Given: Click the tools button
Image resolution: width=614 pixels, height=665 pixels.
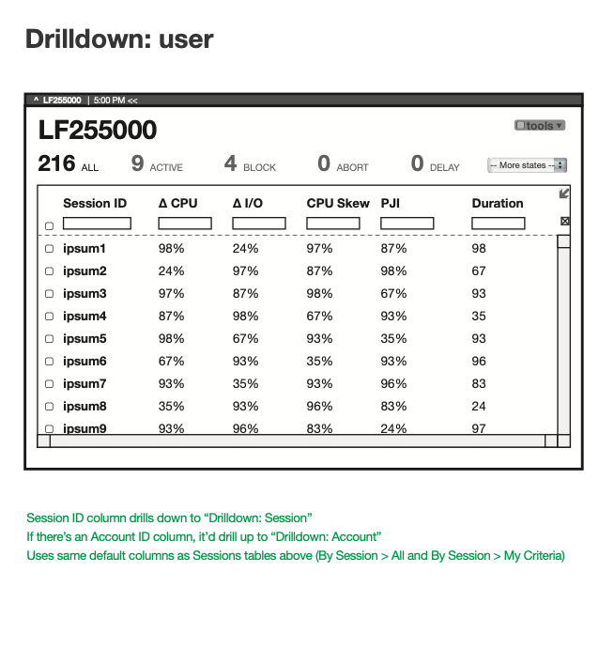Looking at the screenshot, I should point(540,126).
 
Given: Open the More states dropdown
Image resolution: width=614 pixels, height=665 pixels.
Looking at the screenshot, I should point(527,165).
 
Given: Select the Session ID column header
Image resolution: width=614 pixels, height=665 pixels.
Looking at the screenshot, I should point(95,203).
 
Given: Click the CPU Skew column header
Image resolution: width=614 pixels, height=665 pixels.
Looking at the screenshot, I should point(338,203).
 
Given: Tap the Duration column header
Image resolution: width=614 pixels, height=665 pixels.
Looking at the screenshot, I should point(498,203).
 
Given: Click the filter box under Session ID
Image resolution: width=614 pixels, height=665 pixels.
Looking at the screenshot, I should point(97,224).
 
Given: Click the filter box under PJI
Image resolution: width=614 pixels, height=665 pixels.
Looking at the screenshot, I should point(407,224).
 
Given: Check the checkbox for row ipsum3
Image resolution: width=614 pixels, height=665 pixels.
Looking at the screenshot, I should point(49,294).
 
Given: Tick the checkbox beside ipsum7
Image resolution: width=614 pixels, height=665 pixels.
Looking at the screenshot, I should point(49,384).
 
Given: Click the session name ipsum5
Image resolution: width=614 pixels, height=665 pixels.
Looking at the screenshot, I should point(84,338).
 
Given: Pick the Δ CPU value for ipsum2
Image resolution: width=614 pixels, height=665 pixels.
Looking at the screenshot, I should point(171,271).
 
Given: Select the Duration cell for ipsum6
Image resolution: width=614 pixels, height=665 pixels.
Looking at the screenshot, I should point(479,361).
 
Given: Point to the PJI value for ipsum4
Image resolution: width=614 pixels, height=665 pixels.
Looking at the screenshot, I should point(393,316).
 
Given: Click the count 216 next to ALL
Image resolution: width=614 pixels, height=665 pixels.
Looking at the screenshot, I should point(56,163).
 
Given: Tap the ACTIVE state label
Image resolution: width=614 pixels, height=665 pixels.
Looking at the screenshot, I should point(166,168).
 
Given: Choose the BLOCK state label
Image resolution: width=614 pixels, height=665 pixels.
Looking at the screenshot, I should point(259,168).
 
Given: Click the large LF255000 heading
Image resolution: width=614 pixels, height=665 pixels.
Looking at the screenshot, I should point(98,130).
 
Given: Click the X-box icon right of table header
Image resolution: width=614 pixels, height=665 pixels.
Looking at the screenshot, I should point(564,222).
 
